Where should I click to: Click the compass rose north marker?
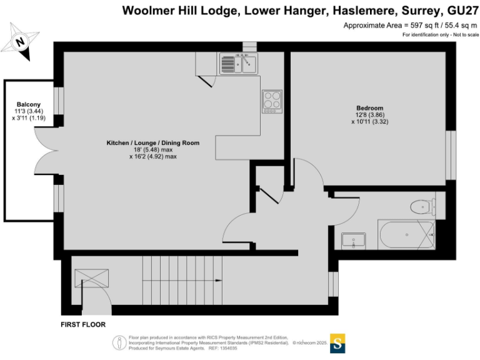click(20, 42)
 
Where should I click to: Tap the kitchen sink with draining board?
click(239, 64)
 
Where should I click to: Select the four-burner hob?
click(272, 101)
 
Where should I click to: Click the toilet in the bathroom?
click(423, 207)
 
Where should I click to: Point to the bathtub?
click(406, 234)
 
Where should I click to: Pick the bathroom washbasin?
click(354, 240)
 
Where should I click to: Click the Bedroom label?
click(369, 108)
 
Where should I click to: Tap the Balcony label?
click(29, 104)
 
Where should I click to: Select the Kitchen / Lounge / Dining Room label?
click(152, 142)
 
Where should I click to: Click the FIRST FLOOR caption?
click(83, 324)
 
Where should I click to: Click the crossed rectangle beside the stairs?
click(91, 278)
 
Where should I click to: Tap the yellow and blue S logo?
click(337, 343)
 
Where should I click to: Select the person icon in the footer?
click(119, 343)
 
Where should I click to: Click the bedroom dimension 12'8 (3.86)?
click(370, 115)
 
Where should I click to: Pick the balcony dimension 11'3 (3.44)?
click(29, 111)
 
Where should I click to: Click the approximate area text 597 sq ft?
click(424, 26)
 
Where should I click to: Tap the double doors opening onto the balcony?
click(46, 151)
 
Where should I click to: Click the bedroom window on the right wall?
click(451, 155)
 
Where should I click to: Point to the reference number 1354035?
click(228, 348)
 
